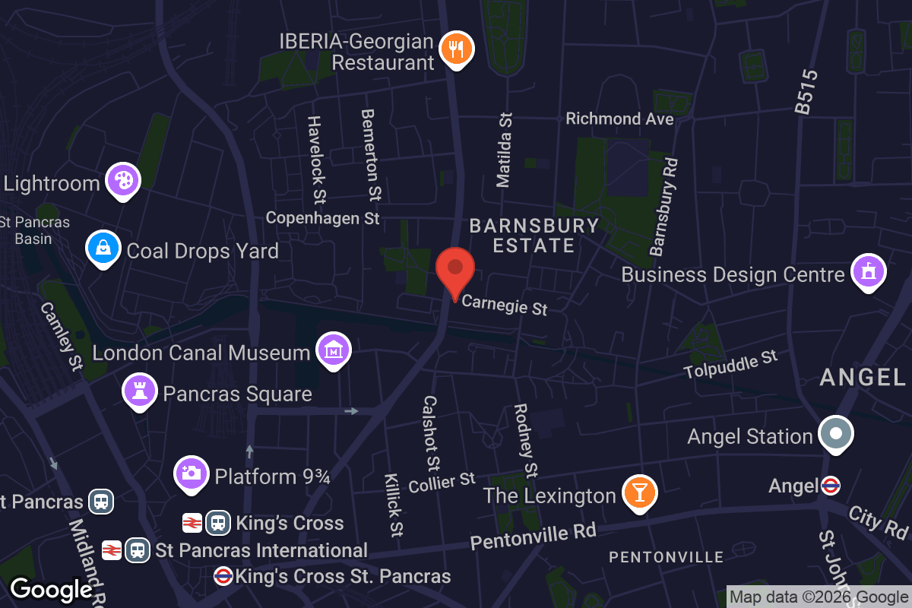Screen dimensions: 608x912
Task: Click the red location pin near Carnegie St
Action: (x=455, y=271)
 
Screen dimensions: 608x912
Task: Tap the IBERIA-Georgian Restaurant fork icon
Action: (x=456, y=49)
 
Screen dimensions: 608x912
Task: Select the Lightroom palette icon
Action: (x=122, y=180)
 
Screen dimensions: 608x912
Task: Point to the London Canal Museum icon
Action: (x=333, y=350)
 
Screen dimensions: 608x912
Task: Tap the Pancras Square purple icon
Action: (x=139, y=391)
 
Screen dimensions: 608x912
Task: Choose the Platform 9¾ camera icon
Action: (x=192, y=473)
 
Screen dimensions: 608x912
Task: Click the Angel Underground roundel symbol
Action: (x=831, y=485)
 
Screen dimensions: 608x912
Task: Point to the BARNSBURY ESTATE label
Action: (x=534, y=236)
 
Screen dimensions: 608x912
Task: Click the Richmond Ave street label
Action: (x=619, y=119)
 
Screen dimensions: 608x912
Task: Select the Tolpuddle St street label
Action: (x=730, y=365)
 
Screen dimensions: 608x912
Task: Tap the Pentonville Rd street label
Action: (x=533, y=535)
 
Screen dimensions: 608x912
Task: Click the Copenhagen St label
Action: (x=322, y=218)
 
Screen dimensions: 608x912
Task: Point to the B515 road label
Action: (x=806, y=92)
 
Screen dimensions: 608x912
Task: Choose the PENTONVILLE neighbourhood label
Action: (x=667, y=557)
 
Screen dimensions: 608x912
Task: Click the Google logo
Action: (x=52, y=590)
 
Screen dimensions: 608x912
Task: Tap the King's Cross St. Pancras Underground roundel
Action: (x=223, y=576)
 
